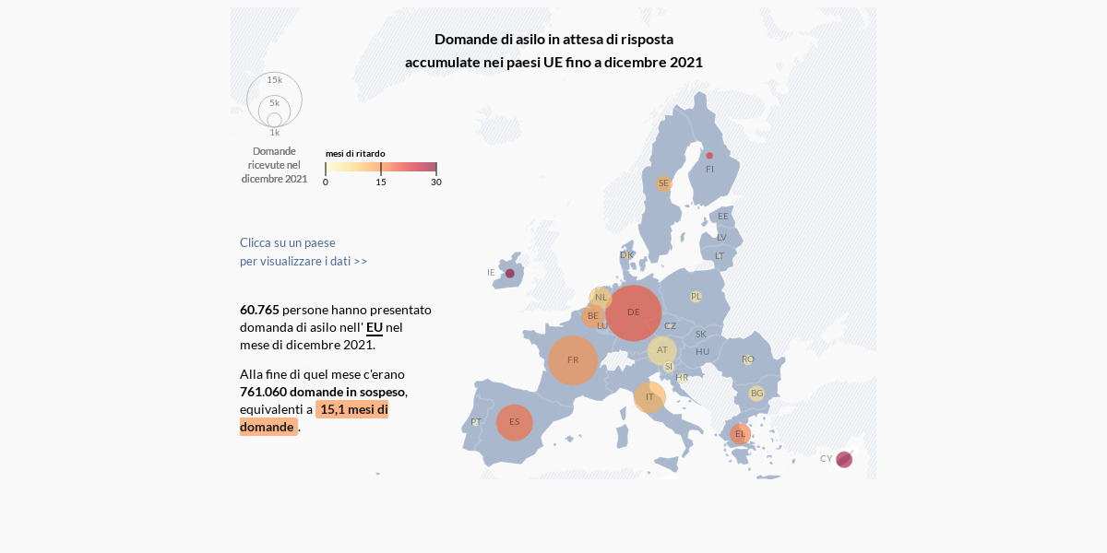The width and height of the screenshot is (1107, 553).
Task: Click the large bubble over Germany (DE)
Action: tap(634, 313)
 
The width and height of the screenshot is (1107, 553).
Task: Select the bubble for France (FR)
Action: tap(573, 360)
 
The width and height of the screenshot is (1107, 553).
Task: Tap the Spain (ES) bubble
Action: tap(515, 422)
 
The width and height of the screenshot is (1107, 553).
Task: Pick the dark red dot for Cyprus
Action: tap(844, 459)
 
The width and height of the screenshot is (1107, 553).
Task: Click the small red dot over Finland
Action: tap(709, 156)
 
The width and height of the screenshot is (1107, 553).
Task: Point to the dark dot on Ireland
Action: tap(509, 274)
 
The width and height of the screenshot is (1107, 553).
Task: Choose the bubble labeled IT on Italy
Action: tap(649, 397)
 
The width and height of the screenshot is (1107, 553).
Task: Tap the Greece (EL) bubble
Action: tap(740, 434)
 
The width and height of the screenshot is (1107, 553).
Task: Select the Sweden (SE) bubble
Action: tap(663, 183)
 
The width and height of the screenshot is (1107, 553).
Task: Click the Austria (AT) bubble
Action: tap(662, 350)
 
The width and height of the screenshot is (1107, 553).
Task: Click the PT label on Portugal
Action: tap(476, 422)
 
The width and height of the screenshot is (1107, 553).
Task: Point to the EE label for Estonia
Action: tap(723, 217)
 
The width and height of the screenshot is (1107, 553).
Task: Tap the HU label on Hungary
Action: tap(703, 351)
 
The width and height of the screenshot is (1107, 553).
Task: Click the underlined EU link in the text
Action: tap(375, 327)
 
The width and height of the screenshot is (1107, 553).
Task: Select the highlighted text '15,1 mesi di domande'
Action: tap(352, 409)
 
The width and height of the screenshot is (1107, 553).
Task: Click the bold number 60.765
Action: tap(259, 310)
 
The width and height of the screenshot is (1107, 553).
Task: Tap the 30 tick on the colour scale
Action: tap(436, 182)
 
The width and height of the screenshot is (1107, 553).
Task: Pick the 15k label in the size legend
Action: tap(275, 80)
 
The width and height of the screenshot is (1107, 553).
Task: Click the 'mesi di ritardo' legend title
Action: tap(355, 154)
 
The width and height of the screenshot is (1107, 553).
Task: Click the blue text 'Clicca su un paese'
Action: tap(288, 242)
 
